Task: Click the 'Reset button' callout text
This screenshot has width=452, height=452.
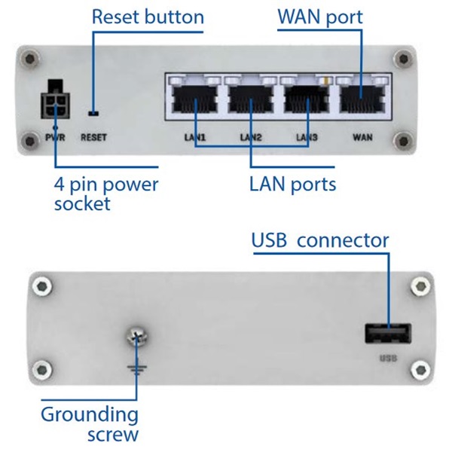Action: (x=148, y=17)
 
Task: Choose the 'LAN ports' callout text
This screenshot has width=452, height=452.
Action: (x=292, y=183)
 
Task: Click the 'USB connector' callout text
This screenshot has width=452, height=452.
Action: (x=320, y=241)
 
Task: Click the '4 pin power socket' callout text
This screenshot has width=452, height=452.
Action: (x=105, y=194)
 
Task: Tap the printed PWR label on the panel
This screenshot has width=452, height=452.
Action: (x=54, y=137)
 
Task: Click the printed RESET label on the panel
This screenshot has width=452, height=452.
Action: (x=94, y=137)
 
